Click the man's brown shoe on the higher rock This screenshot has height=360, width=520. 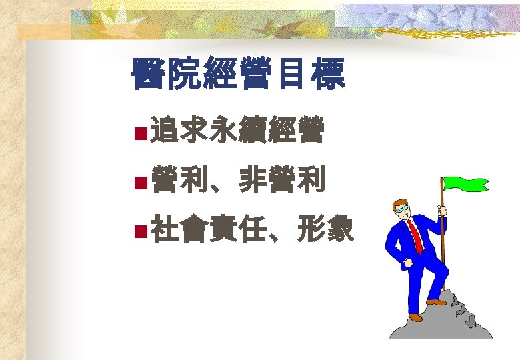[437, 301]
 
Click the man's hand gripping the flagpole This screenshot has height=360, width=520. [442, 211]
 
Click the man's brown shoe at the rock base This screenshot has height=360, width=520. [415, 317]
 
